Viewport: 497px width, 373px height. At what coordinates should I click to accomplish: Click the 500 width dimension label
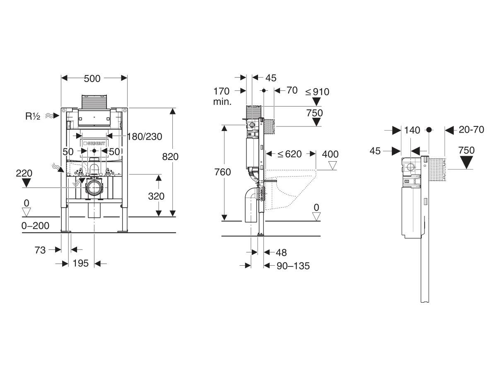[92, 79]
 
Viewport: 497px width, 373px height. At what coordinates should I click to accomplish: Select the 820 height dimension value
[170, 157]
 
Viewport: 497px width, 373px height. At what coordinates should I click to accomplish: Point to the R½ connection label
[33, 116]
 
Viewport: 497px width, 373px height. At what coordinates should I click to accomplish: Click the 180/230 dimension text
[145, 137]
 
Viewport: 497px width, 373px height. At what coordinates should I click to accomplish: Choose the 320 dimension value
[156, 196]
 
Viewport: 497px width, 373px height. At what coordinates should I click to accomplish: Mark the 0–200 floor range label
[35, 225]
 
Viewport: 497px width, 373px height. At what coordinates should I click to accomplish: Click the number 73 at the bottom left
[40, 250]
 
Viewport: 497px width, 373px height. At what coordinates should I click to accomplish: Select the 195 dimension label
[81, 263]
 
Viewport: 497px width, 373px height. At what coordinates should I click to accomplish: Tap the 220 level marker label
[24, 173]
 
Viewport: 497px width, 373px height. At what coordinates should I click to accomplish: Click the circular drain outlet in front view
[94, 187]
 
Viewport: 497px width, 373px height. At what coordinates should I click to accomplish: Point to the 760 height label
[222, 172]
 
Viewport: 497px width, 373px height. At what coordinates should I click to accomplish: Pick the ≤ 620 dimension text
[290, 154]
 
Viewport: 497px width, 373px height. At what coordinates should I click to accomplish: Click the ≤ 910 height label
[317, 92]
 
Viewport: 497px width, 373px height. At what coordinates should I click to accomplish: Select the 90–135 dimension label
[293, 266]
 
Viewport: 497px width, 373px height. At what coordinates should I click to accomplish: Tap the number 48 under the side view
[281, 252]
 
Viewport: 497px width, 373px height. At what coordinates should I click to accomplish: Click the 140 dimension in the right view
[412, 130]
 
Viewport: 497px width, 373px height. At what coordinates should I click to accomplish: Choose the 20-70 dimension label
[471, 130]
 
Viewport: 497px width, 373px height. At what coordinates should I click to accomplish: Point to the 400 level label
[330, 154]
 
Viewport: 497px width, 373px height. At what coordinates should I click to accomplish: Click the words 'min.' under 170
[222, 102]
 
